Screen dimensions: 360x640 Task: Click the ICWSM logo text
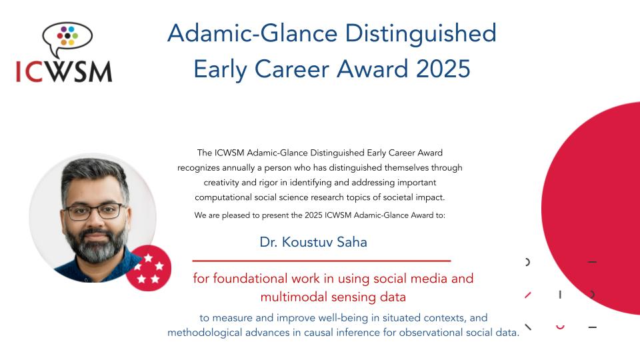click(64, 71)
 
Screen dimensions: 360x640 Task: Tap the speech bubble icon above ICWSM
click(67, 35)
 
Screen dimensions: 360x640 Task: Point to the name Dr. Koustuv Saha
click(313, 242)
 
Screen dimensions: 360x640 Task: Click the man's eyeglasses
click(94, 211)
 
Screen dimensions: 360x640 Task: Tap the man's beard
click(93, 247)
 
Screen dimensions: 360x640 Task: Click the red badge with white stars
click(148, 268)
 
